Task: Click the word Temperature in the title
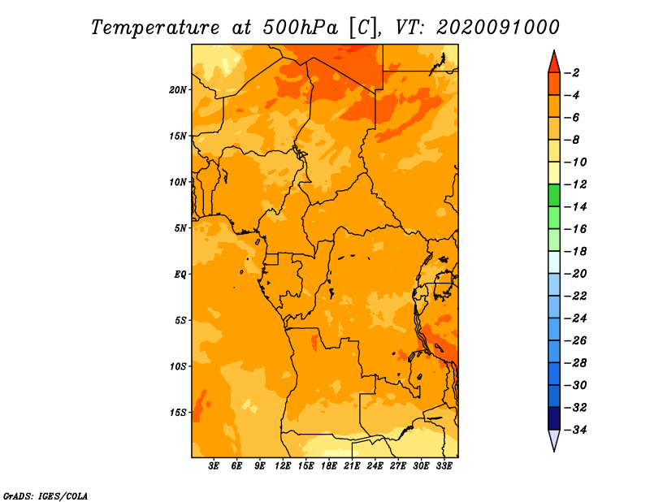point(155,28)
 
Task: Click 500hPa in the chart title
point(300,28)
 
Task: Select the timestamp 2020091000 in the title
point(498,27)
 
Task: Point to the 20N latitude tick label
point(178,90)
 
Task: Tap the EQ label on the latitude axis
point(180,275)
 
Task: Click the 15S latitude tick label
point(178,413)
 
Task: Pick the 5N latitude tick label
point(180,228)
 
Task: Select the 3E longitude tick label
point(214,465)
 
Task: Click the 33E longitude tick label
point(444,465)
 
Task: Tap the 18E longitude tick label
point(329,465)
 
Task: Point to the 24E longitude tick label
point(375,465)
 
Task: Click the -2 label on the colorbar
point(573,73)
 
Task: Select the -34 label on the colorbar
point(576,430)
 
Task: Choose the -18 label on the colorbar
point(576,251)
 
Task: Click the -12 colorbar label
point(576,184)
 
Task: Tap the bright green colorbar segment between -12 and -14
point(554,196)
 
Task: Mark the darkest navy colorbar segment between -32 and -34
point(554,418)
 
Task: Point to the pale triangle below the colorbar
point(554,439)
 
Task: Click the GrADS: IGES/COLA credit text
point(45,496)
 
